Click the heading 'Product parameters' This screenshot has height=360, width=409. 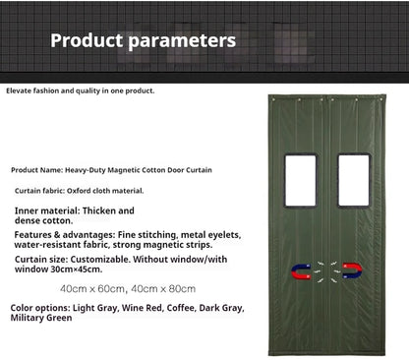[143, 41]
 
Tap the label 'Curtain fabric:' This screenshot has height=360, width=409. [42, 190]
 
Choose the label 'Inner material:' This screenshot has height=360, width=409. [45, 210]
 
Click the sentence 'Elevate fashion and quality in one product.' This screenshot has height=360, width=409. [81, 90]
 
